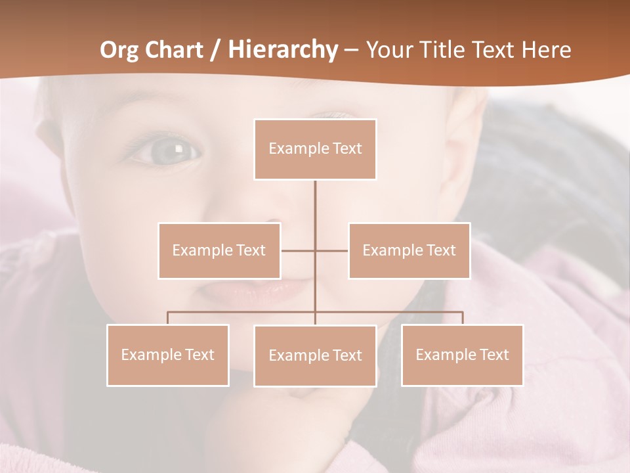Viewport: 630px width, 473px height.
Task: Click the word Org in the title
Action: tap(121, 50)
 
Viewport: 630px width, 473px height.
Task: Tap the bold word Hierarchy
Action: tap(282, 50)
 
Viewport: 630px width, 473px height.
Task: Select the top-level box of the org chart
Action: tap(315, 149)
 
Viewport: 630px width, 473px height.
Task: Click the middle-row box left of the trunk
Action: tap(219, 250)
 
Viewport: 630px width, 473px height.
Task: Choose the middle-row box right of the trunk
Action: tap(409, 250)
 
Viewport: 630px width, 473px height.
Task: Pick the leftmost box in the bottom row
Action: tap(168, 355)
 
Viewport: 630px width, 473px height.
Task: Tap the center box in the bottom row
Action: tap(315, 355)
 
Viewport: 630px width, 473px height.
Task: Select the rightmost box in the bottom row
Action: tap(462, 355)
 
